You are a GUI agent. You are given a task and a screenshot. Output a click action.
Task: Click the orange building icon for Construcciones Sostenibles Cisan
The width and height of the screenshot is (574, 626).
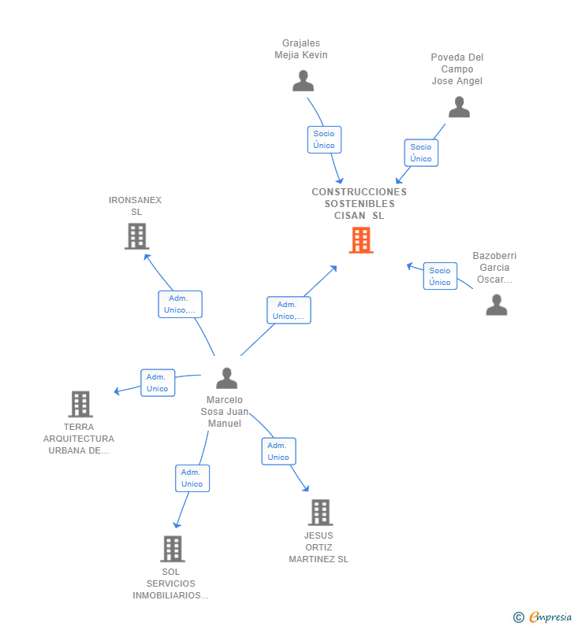[360, 240]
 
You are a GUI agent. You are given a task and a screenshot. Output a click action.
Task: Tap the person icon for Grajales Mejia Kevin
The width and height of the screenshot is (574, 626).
[303, 80]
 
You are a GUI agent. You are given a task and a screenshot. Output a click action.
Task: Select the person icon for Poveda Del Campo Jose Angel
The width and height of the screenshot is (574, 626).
[459, 106]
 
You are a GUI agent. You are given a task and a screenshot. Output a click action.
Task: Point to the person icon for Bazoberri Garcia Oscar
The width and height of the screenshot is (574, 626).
[497, 305]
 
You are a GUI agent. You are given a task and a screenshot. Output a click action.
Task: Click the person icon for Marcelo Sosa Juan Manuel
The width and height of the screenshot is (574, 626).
[226, 378]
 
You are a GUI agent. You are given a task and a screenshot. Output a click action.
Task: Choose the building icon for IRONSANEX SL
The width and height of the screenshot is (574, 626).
[136, 236]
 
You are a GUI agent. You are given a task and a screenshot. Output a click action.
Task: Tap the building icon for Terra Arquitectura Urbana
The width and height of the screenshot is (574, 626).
[80, 404]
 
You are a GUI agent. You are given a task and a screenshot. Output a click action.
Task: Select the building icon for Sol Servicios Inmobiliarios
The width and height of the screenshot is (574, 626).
[173, 549]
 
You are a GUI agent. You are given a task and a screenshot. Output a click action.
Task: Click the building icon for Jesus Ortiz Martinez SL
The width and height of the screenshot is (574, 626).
[321, 513]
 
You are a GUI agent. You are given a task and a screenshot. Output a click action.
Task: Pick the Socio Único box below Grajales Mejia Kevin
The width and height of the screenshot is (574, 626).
[324, 139]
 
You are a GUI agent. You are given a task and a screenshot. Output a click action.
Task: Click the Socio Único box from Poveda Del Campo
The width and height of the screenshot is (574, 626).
[421, 153]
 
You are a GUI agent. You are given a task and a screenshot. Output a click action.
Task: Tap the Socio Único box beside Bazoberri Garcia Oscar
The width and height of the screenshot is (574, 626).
[440, 276]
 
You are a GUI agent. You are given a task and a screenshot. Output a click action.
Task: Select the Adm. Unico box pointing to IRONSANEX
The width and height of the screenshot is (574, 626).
[181, 304]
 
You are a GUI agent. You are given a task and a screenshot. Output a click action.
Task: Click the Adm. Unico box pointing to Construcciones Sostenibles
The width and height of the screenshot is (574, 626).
[289, 310]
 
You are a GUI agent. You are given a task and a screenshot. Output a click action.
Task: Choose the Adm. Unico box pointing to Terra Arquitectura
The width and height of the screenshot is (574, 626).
[158, 383]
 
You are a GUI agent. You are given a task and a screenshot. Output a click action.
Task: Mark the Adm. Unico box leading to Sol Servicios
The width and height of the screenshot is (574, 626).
[192, 478]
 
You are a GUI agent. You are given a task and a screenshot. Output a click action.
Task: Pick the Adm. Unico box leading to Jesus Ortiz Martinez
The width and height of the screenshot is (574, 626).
[278, 451]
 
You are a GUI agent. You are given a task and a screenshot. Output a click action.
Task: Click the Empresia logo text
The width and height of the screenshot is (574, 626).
[550, 617]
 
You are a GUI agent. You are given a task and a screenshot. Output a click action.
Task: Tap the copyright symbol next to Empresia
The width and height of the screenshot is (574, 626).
[519, 617]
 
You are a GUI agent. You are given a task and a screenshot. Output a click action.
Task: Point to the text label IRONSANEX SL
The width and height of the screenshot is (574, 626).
[135, 206]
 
